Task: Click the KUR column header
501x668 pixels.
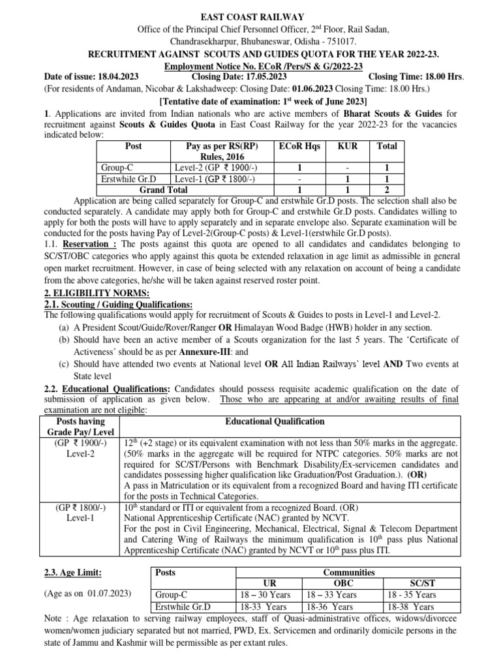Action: (348, 147)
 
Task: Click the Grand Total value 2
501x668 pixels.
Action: (387, 190)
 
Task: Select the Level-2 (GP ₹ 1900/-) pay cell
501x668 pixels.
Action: (214, 168)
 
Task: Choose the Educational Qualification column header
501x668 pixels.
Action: (274, 421)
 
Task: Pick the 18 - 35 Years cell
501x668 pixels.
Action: (412, 595)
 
